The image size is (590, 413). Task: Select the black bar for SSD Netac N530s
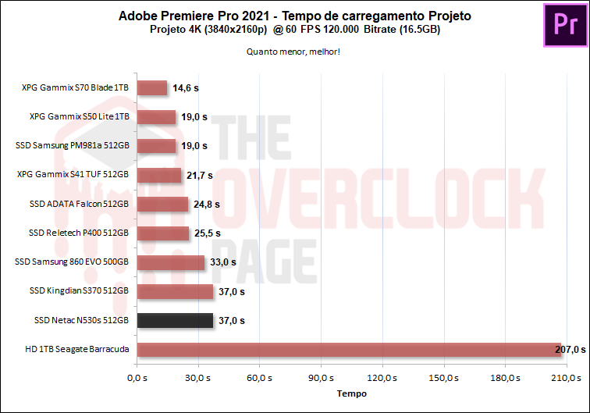pos(175,320)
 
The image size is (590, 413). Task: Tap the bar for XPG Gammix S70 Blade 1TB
pos(151,88)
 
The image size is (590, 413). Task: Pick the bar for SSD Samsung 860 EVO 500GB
pos(170,262)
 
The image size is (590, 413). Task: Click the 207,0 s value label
pos(570,349)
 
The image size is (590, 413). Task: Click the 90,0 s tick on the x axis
pos(321,378)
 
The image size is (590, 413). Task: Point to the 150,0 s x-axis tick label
pos(443,378)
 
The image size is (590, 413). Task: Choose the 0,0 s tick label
pos(137,378)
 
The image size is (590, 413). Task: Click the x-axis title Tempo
pos(351,394)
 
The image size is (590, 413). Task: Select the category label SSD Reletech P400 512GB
pos(78,233)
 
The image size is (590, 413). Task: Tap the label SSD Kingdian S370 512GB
pos(78,291)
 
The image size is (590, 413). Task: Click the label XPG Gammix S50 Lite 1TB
pos(79,117)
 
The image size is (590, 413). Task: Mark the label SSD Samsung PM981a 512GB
pos(72,146)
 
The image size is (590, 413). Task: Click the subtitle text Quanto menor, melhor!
pos(294,53)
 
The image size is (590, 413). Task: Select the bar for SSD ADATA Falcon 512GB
pos(162,205)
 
